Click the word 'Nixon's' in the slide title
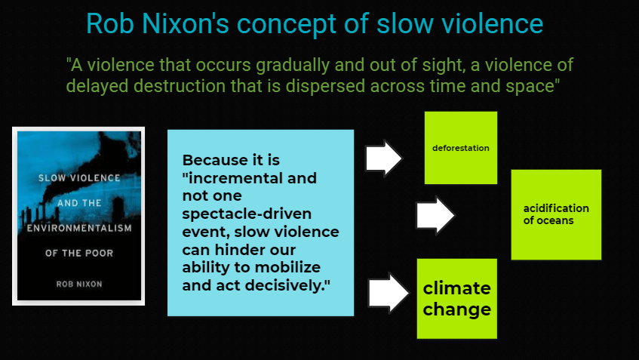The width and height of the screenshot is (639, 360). click(x=186, y=23)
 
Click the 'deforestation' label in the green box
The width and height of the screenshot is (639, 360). click(x=460, y=148)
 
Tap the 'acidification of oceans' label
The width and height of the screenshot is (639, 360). click(x=556, y=214)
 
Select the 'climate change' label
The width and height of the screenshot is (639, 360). click(x=457, y=299)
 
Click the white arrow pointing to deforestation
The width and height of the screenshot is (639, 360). click(x=383, y=158)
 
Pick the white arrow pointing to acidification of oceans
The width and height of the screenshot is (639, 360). click(x=435, y=215)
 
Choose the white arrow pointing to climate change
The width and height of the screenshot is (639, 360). click(x=389, y=293)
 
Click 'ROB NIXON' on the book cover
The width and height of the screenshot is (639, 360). click(x=79, y=285)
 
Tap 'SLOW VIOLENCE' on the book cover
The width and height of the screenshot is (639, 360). click(x=79, y=178)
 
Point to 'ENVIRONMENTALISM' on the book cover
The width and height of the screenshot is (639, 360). click(x=79, y=229)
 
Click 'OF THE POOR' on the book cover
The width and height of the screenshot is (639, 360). click(x=79, y=253)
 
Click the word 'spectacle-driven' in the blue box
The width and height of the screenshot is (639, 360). click(x=247, y=214)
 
